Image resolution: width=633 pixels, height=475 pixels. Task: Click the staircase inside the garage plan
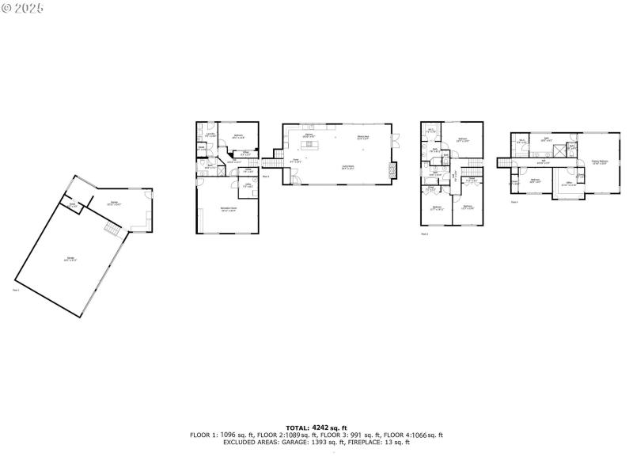pos(112,229)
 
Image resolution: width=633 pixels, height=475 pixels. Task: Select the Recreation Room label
pos(229,209)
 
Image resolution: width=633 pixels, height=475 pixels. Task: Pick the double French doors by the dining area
pos(400,142)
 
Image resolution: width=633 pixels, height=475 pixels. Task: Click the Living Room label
pos(347,166)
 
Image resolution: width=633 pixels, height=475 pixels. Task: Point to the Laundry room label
pos(210,134)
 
